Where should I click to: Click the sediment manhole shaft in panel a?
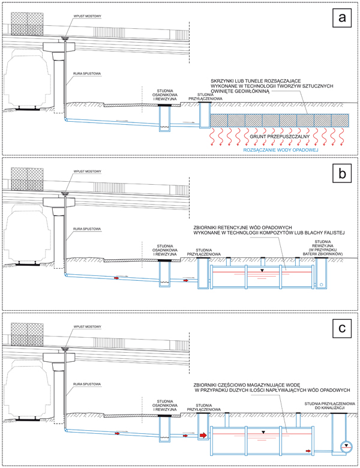(x=164, y=118)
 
